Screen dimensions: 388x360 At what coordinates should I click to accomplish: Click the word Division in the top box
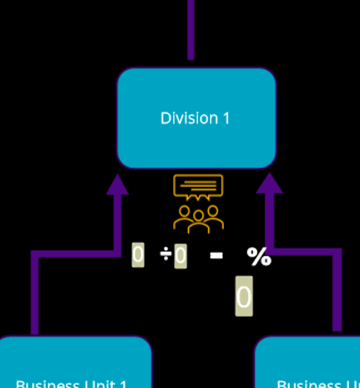click(182, 119)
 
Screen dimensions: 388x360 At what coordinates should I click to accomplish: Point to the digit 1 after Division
click(226, 119)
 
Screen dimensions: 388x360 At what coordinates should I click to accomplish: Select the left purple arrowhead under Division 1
click(117, 185)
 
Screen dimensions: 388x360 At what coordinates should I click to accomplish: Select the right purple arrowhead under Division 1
click(269, 184)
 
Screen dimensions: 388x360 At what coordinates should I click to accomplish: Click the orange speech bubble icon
click(198, 186)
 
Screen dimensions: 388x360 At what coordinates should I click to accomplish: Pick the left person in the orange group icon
click(184, 217)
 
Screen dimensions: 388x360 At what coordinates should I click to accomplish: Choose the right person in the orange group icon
click(212, 217)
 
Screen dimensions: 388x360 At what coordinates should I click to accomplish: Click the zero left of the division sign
click(138, 255)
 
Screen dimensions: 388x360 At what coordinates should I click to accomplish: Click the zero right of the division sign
click(181, 256)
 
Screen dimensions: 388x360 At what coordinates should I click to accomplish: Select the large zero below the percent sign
click(244, 296)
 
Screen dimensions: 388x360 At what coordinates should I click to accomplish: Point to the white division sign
click(166, 255)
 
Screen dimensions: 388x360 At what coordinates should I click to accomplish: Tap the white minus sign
click(216, 255)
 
